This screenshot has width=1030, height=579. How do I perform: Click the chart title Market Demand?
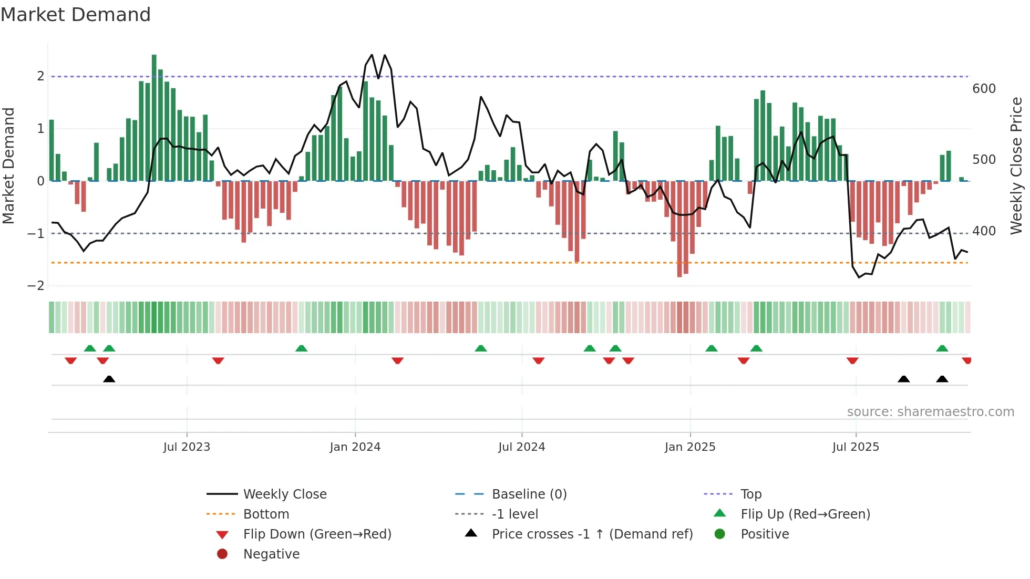coord(76,15)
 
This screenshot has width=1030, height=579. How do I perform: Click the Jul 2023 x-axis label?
coord(187,447)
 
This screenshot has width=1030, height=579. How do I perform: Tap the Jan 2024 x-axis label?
coord(355,447)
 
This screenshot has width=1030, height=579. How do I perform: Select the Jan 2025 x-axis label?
coord(689,447)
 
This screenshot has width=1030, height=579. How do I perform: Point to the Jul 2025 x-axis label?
coord(856,447)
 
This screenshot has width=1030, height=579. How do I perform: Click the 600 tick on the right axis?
coord(984,89)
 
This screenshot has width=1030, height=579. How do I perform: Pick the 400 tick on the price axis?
coord(984,231)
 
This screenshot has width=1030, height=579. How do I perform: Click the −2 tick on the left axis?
coord(36,286)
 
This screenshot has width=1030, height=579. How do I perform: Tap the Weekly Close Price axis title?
coord(1016,166)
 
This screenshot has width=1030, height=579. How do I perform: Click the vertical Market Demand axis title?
coord(9,166)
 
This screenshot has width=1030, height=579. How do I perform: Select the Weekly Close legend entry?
coord(284,494)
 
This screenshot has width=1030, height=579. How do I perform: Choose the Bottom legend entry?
coord(266,514)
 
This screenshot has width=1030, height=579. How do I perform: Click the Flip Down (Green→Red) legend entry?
coord(317,534)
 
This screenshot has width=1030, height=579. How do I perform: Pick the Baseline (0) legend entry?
coord(529,494)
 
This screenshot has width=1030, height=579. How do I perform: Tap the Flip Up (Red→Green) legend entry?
coord(805,514)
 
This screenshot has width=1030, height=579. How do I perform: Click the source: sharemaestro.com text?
coord(930,412)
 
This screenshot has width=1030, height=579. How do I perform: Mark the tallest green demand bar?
coord(154,118)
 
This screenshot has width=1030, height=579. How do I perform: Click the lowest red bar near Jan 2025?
coord(679,229)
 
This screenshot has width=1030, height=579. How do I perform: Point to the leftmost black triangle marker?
coord(109,379)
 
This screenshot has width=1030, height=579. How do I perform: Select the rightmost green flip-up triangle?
coord(942,348)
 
